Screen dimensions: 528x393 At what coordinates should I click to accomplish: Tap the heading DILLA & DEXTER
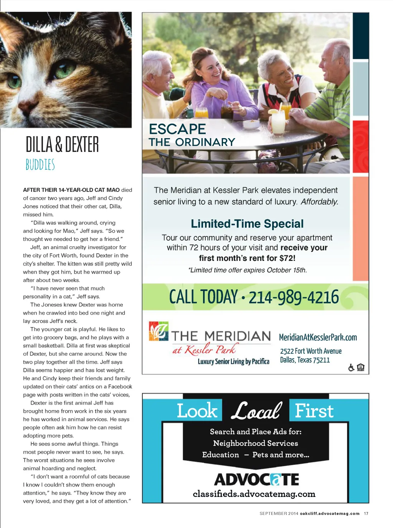click(62, 145)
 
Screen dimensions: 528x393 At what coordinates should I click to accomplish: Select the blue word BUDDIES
click(40, 165)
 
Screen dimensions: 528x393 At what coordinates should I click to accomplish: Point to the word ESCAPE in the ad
click(177, 129)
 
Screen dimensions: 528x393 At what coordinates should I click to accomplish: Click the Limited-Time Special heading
click(247, 224)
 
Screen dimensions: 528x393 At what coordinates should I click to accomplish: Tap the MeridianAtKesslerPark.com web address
click(318, 338)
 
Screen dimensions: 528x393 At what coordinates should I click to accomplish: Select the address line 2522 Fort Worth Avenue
click(310, 351)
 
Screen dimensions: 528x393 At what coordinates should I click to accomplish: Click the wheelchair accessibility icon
click(351, 368)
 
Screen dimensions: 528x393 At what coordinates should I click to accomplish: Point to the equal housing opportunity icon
click(361, 368)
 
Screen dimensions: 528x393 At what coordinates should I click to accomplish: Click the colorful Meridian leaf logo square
click(159, 331)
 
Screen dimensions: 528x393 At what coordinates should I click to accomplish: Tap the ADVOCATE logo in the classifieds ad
click(256, 479)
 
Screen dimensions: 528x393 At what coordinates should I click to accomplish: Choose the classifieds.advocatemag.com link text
click(254, 494)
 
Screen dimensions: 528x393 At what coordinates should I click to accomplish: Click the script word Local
click(256, 411)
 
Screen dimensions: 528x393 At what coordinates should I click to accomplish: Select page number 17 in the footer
click(366, 513)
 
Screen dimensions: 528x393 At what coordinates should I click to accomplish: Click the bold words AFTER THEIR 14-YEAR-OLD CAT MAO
click(71, 190)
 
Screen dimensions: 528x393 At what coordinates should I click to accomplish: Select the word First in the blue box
click(314, 411)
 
